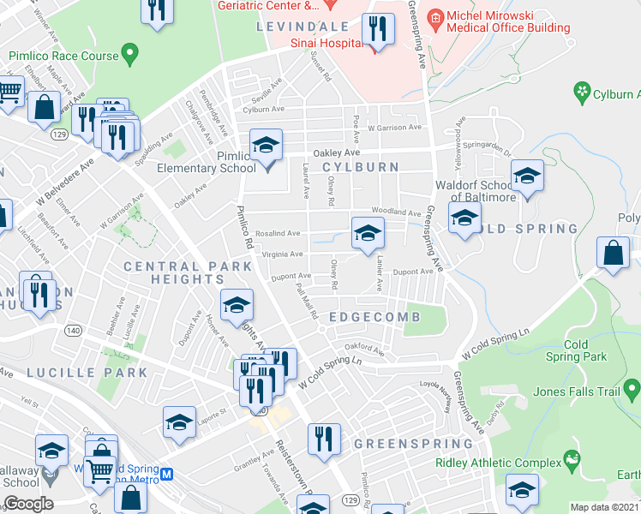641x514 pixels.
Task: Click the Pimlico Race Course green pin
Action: [130, 56]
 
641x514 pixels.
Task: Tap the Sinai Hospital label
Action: [327, 42]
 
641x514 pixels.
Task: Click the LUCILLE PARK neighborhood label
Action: [87, 373]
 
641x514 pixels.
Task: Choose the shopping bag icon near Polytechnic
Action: [614, 252]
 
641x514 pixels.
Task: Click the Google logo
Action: [27, 503]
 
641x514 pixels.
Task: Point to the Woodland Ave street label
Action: [395, 212]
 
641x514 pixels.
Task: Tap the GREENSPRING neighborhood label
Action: [413, 444]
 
